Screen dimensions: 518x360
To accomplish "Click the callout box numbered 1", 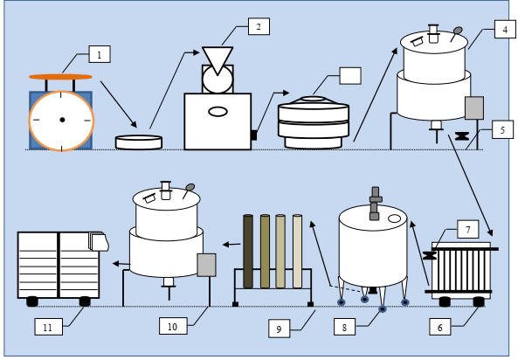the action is tap(100, 54).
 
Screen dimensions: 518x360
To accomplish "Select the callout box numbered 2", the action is tap(259, 26).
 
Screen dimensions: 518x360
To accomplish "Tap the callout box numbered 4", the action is tap(505, 30).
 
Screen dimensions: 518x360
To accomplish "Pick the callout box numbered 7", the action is tap(468, 229).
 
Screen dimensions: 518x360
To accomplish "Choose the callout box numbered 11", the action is tap(48, 327).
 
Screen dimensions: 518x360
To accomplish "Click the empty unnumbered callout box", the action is tap(350, 76).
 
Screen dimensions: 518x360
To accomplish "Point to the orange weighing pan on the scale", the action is tap(60, 77).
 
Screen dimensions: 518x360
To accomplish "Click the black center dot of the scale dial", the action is tap(62, 120).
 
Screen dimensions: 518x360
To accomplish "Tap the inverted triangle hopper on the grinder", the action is tap(218, 59).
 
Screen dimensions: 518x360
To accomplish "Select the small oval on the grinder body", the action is tap(218, 112).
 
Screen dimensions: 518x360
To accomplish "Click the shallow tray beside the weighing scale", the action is tap(139, 142).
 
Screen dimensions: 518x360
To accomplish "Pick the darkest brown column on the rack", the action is tap(248, 252).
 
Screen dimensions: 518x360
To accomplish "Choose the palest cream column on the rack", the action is tap(297, 252).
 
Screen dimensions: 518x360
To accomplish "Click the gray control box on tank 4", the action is tap(474, 107).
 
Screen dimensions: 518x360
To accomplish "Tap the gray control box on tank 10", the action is tap(207, 265).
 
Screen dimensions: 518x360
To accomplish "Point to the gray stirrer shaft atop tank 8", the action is tap(376, 204).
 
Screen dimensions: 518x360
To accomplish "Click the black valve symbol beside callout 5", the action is tap(462, 135).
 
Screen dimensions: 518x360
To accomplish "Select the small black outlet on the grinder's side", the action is tap(253, 135).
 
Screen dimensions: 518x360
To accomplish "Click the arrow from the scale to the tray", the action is tap(119, 104).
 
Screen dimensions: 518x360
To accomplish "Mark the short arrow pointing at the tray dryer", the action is tap(121, 264).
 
